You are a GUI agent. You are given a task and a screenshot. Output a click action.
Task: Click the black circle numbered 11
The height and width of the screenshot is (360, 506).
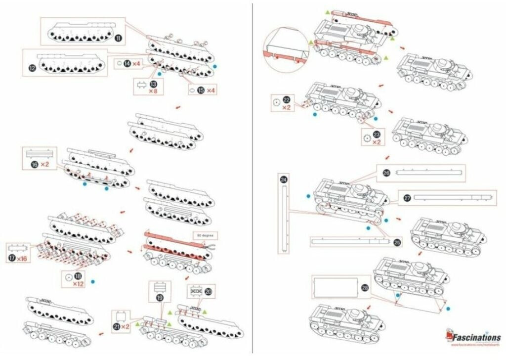(119, 38)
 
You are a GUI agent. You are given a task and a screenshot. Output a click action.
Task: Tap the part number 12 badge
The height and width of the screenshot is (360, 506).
(33, 69)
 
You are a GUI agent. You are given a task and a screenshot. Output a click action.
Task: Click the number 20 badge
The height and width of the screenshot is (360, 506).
(208, 292)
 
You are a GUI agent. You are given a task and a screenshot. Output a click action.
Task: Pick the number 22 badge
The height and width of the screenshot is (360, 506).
(286, 99)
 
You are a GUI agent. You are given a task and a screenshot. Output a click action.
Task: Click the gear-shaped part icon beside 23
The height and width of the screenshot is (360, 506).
(366, 138)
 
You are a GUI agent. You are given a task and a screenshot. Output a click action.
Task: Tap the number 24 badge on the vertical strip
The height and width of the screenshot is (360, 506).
(283, 180)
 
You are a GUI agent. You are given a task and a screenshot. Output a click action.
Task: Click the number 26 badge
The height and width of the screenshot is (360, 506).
(386, 173)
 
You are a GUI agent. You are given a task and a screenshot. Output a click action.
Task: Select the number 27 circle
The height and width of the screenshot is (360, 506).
(407, 198)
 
